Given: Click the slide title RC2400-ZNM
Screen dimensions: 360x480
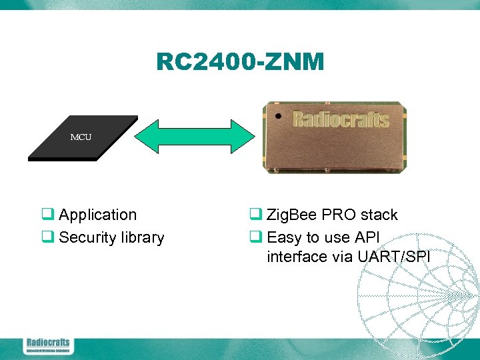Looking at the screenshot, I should coord(240,62).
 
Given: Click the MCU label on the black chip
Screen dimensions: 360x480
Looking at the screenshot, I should coord(81,137).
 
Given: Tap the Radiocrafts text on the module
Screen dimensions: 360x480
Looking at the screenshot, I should coord(341,119).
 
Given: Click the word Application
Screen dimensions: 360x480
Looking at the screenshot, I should coord(97,215).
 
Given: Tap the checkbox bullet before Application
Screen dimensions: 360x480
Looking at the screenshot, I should coord(48,215).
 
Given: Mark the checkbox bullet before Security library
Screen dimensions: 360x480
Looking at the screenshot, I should coord(48,237).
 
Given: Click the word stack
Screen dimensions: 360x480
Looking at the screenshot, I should coord(379,215).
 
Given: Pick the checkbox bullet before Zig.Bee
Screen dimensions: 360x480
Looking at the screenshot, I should coord(255,215).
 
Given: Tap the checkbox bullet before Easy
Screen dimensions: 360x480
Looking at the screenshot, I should coord(255,237).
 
